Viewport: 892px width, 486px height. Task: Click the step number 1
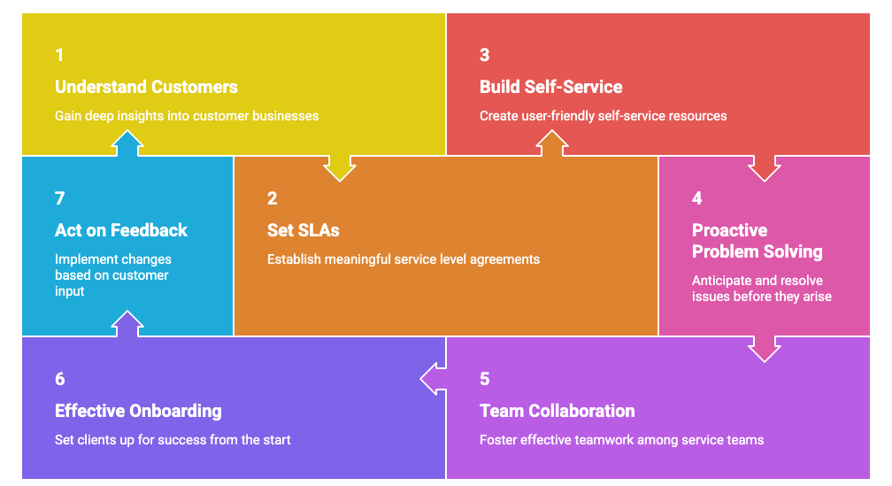(59, 55)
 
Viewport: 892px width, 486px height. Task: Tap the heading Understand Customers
(146, 87)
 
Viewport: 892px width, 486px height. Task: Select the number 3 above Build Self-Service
(484, 55)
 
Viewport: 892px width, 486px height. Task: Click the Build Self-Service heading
(550, 87)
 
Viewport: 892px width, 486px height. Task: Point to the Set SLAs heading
(303, 230)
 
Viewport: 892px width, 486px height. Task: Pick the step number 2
(272, 198)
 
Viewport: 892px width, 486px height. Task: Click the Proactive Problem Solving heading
(757, 241)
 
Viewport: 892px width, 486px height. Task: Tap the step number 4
(696, 198)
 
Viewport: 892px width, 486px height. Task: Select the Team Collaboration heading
(557, 411)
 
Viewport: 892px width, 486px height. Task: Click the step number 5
(484, 379)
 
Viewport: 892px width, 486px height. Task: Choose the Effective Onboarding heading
(138, 411)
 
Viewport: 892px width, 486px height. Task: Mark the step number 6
(59, 379)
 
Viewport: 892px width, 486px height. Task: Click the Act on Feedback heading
(121, 230)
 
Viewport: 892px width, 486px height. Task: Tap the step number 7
(59, 198)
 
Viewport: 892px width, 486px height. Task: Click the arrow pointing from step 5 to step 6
(433, 379)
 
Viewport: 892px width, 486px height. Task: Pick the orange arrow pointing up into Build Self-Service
(552, 145)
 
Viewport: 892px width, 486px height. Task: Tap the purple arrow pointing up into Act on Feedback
(127, 324)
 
